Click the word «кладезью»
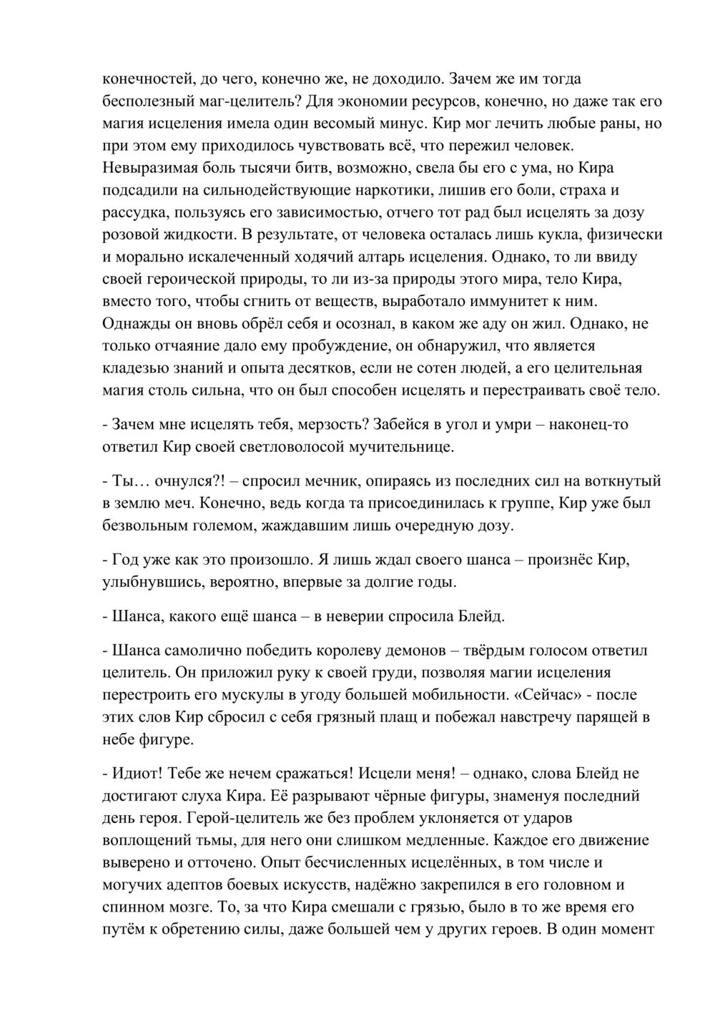pos(135,368)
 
